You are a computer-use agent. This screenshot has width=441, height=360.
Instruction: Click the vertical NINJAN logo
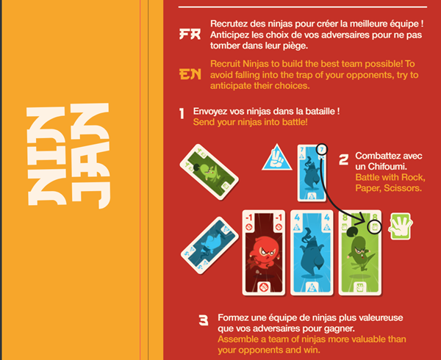(68, 156)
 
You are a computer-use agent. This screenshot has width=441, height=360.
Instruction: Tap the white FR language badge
(190, 35)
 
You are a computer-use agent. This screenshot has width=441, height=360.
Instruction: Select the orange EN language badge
(190, 74)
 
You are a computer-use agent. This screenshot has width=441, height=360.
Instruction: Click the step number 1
(182, 114)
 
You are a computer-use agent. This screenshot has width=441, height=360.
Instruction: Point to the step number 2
(344, 159)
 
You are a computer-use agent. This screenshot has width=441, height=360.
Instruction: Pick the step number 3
(204, 320)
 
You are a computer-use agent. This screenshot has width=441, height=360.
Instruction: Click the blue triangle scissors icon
(277, 158)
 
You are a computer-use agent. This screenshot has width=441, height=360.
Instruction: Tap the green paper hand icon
(401, 226)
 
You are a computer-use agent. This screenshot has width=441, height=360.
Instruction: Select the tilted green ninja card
(209, 172)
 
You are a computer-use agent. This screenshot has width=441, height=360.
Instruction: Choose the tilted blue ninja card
(209, 245)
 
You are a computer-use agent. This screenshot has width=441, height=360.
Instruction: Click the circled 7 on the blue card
(322, 149)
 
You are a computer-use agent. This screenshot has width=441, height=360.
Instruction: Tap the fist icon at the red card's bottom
(264, 287)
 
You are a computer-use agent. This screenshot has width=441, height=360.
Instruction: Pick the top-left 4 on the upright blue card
(297, 217)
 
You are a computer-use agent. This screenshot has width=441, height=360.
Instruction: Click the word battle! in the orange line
(295, 122)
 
